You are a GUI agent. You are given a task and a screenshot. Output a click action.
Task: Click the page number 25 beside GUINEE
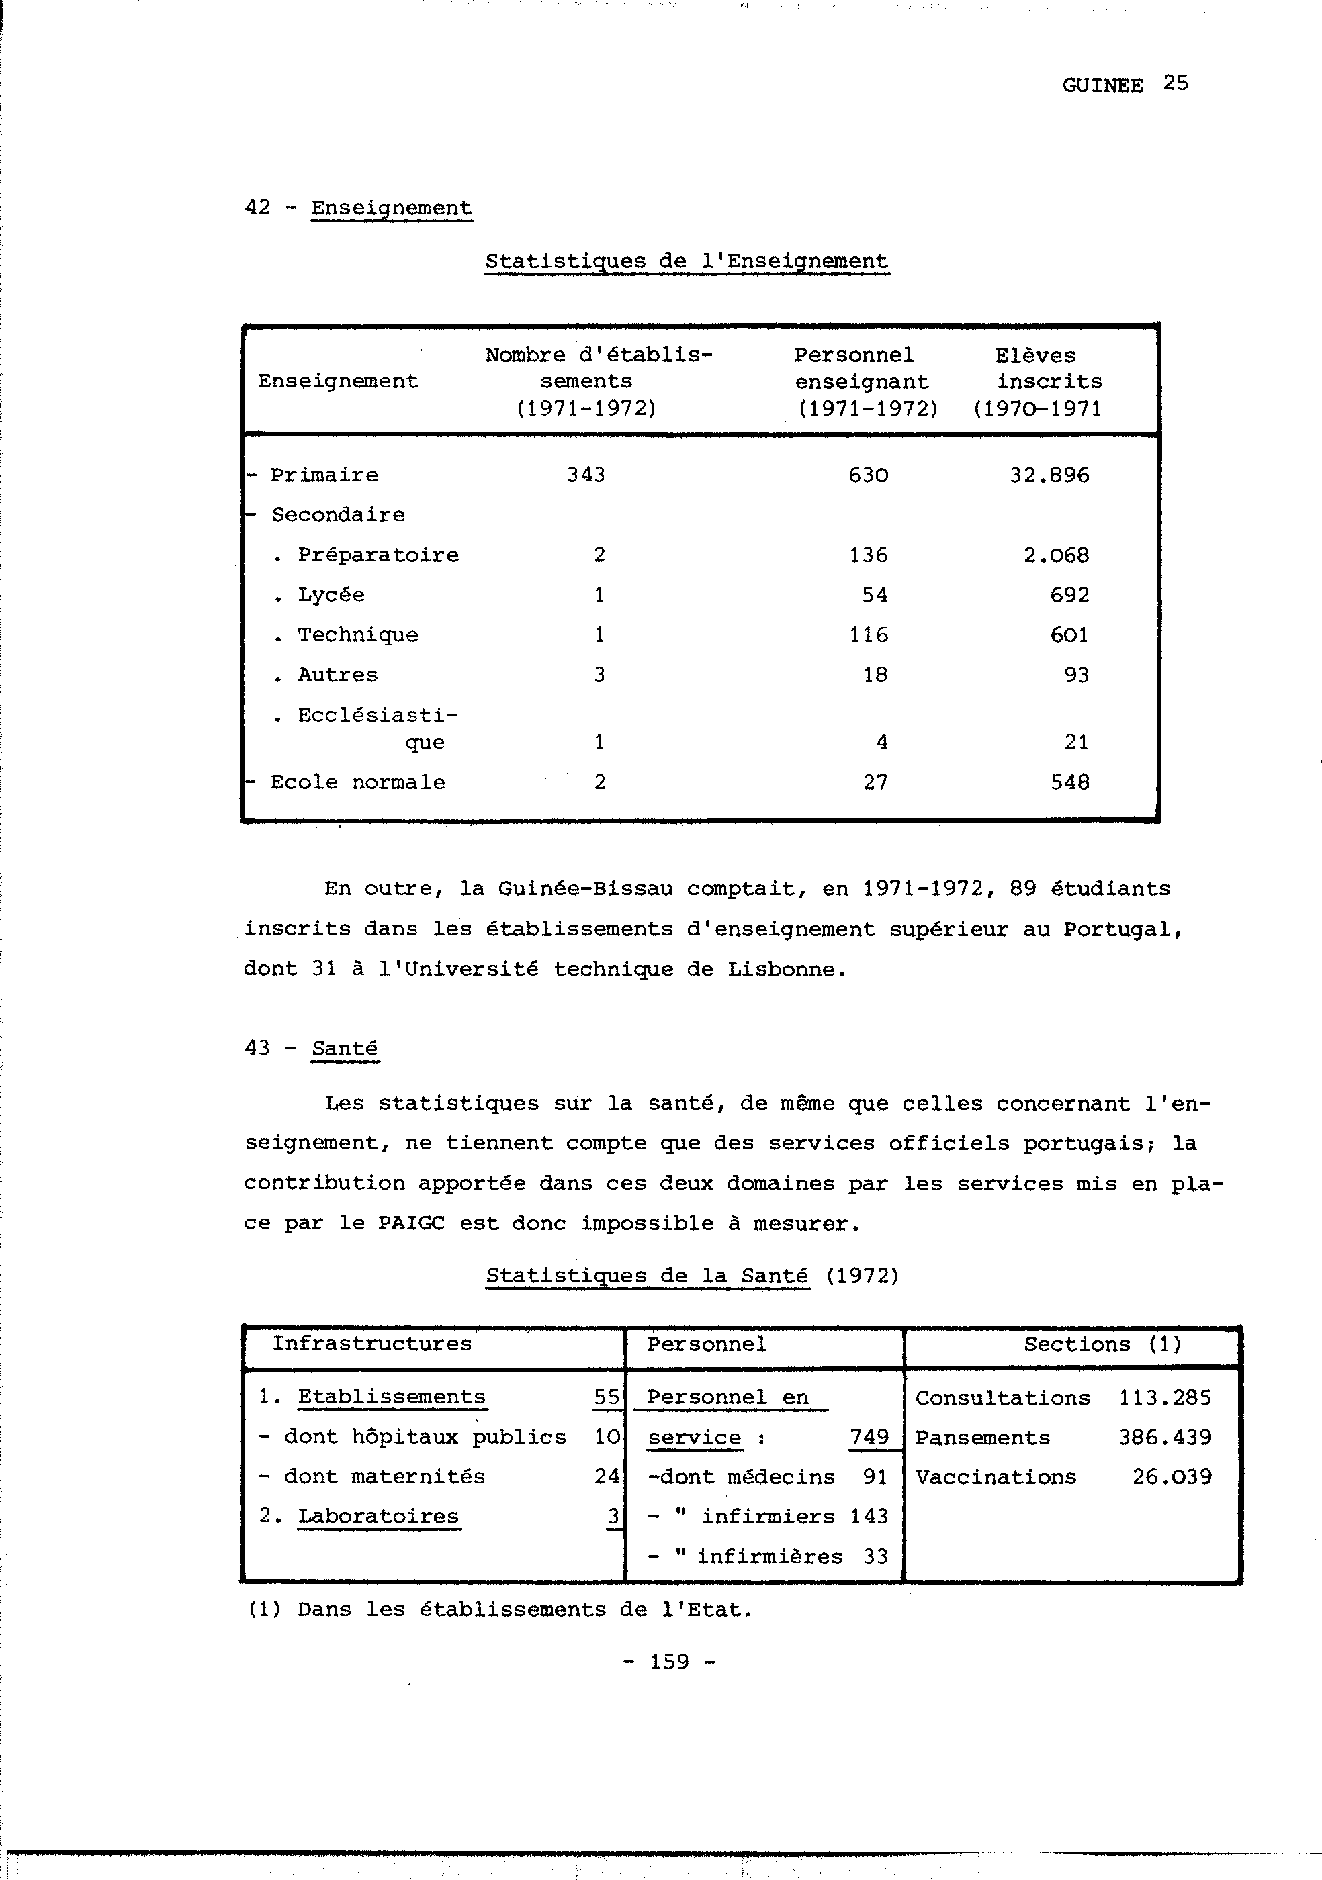coord(1176,83)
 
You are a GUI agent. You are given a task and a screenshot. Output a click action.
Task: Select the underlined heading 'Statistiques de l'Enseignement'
coord(687,261)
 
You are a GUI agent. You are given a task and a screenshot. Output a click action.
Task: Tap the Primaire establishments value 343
coord(586,475)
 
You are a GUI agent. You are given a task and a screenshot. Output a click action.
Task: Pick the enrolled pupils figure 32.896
coord(1049,475)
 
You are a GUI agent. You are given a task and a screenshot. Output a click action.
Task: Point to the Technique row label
coord(357,634)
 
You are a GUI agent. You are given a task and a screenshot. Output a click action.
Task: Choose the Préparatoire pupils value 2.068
coord(1057,555)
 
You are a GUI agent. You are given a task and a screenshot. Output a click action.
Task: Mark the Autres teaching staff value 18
coord(875,675)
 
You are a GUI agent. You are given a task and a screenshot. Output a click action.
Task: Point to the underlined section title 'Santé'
coord(345,1049)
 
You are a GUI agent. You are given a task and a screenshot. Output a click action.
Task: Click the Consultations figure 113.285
coord(1165,1398)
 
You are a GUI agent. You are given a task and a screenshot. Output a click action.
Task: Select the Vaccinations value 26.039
coord(1172,1477)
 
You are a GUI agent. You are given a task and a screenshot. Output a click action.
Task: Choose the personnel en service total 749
coord(869,1437)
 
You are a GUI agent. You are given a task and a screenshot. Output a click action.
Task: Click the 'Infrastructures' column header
coord(372,1344)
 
